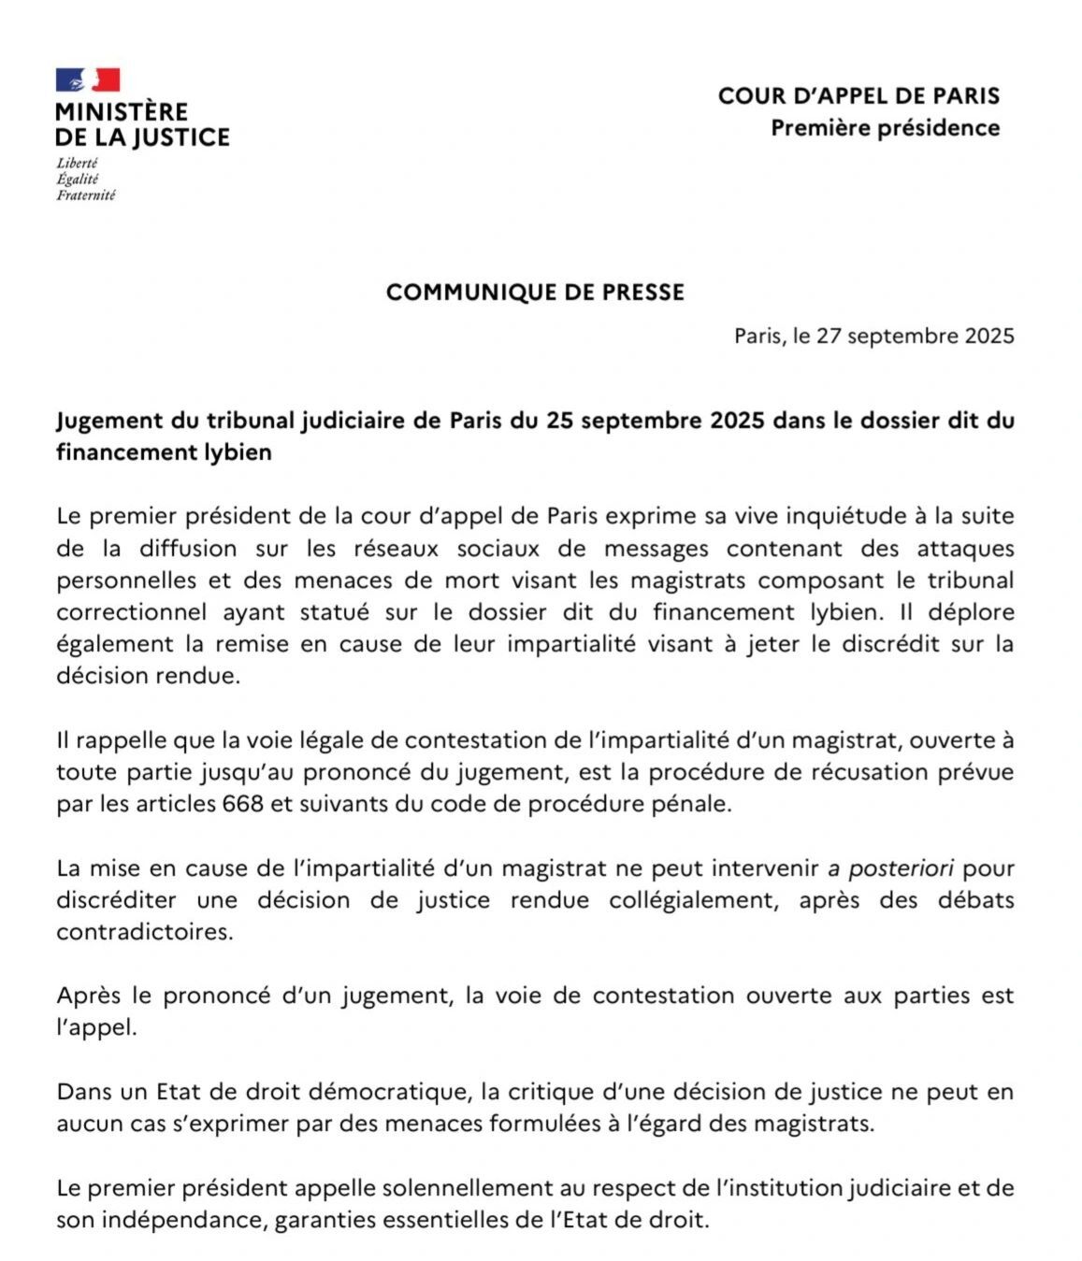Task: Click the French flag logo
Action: tap(88, 80)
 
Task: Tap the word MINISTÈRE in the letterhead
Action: tap(122, 111)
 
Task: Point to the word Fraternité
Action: tap(86, 195)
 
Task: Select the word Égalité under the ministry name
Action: tap(78, 179)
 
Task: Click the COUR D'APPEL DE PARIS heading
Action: tap(858, 96)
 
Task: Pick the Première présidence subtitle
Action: tap(885, 128)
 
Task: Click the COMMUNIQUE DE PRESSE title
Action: tap(535, 293)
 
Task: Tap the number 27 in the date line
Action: tap(830, 337)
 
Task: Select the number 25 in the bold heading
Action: tap(559, 421)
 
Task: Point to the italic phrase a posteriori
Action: tap(891, 868)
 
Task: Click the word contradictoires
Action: tap(144, 932)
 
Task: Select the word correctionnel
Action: tap(132, 612)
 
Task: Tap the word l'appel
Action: tap(96, 1027)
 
